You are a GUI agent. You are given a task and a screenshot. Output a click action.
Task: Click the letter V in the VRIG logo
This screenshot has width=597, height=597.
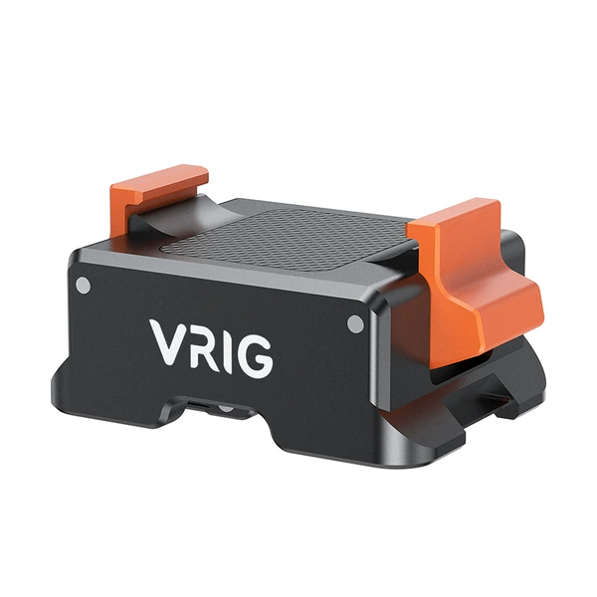click(x=168, y=341)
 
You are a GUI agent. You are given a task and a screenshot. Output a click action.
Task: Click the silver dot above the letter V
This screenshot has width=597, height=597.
click(x=84, y=286)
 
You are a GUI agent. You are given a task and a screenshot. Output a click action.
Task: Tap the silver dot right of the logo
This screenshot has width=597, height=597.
click(x=355, y=324)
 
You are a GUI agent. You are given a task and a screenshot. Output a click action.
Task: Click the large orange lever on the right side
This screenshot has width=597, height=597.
click(x=476, y=282)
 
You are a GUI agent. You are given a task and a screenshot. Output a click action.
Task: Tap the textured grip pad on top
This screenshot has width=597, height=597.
click(x=290, y=239)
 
